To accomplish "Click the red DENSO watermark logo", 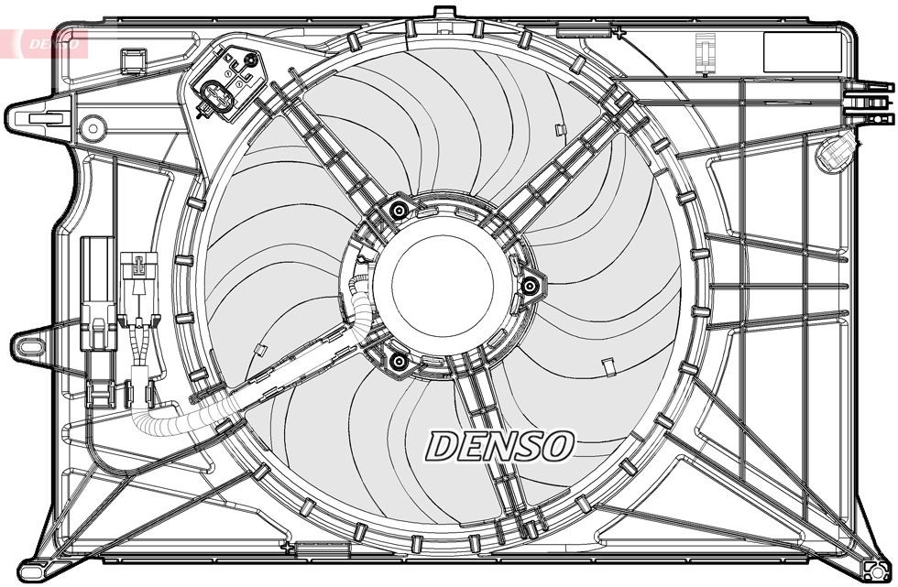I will point(46,41).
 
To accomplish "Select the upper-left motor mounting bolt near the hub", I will point(398,212).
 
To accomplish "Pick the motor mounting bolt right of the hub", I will point(529,287).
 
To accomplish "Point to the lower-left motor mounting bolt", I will point(398,363).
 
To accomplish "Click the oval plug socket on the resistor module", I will point(214,95).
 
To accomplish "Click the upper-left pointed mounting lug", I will point(37,116).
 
